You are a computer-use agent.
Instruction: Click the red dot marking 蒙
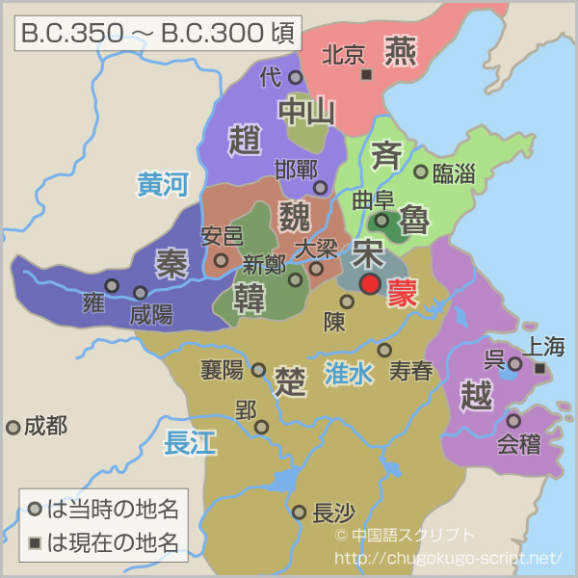(370, 283)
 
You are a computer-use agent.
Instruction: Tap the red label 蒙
(404, 294)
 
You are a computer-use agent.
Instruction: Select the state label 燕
(399, 50)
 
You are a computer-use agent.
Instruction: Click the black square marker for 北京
(366, 74)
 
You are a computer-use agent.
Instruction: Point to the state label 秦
(171, 262)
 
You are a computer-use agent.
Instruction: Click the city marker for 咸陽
(141, 292)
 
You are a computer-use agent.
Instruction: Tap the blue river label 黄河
(162, 184)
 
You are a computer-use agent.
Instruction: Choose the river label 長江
(190, 442)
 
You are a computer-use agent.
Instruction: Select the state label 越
(477, 396)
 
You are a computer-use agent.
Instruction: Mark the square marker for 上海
(540, 369)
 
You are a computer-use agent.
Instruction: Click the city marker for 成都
(13, 427)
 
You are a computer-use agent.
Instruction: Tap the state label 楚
(289, 378)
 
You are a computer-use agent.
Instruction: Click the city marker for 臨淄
(420, 171)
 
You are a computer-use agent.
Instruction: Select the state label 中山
(306, 113)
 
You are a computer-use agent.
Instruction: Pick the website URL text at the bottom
(447, 558)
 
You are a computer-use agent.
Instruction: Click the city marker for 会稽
(513, 420)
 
